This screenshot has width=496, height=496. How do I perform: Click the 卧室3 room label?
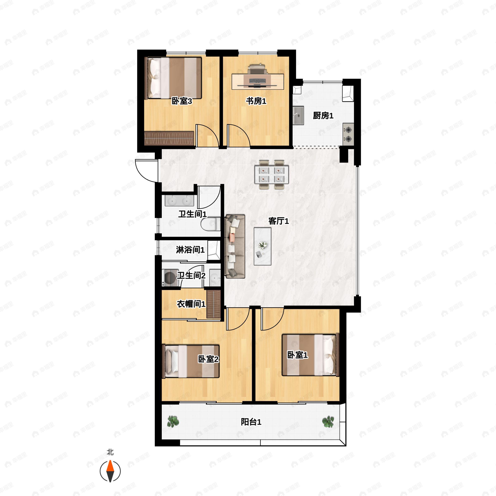pos(182,101)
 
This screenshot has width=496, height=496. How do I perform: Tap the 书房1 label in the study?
pos(256,101)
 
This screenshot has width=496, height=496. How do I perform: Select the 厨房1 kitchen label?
pos(323,116)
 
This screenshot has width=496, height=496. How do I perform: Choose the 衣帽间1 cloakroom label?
pos(191,304)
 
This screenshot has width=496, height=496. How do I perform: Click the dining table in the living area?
pos(272,175)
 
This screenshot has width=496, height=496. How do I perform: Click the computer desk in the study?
pos(258,82)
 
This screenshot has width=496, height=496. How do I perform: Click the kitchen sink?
pos(298,116)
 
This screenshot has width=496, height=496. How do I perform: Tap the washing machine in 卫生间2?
pos(170,277)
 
